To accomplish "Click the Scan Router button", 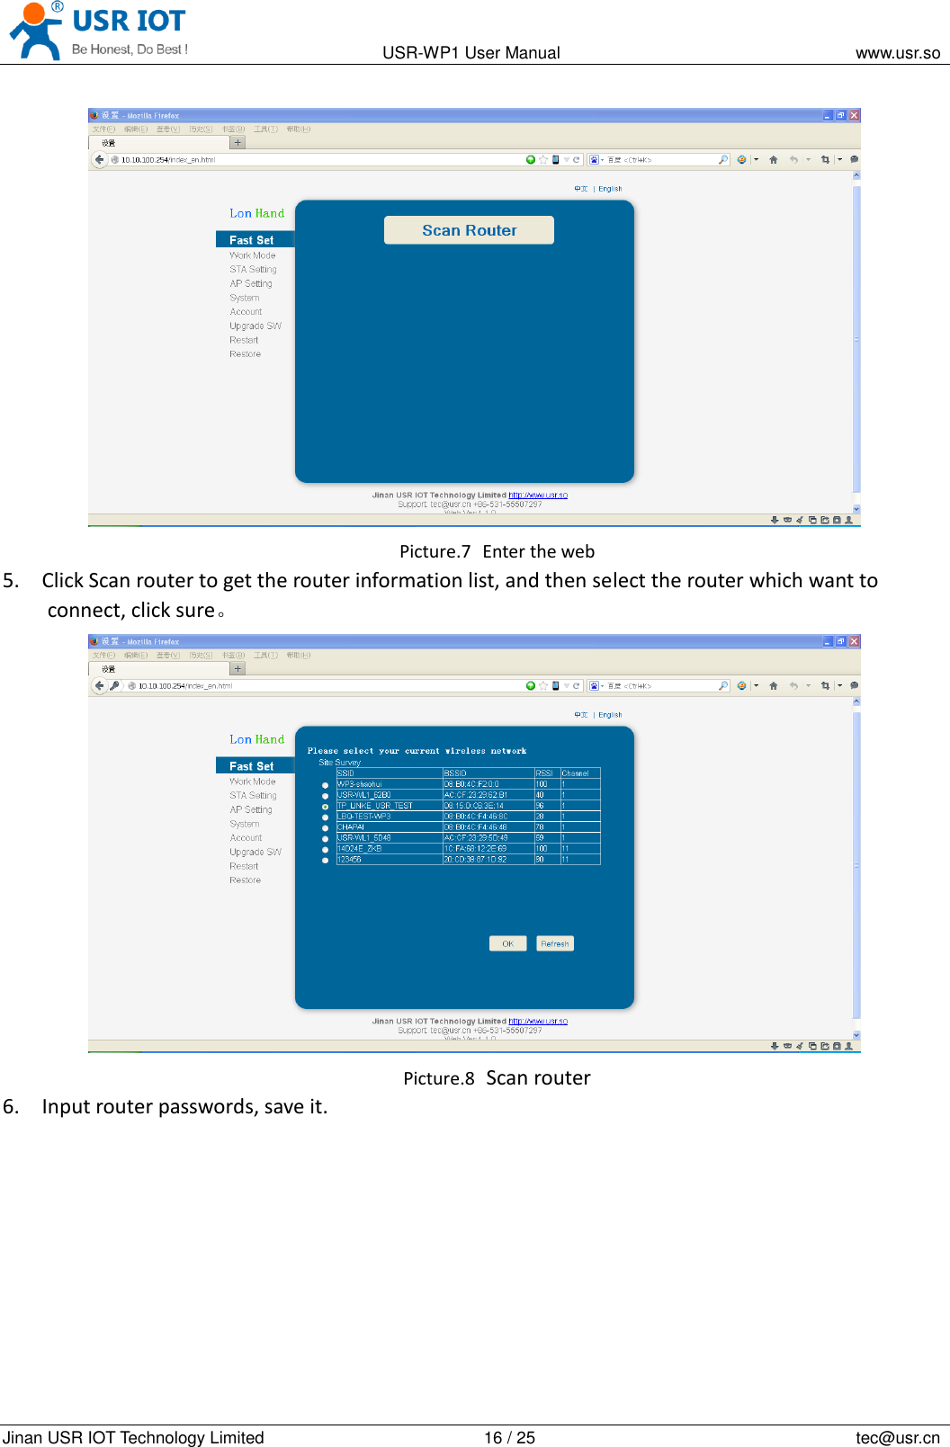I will pos(469,230).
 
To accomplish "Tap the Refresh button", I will pos(555,943).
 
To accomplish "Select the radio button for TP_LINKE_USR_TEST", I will pos(325,807).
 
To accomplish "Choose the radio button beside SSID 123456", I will pos(325,861).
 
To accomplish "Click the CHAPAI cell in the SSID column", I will pos(351,827).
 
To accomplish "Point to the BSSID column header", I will pos(455,773).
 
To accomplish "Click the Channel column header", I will pos(576,773).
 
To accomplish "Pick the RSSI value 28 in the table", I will pos(540,817).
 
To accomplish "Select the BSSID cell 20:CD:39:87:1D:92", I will pos(475,860).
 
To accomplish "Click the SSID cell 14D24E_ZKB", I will pos(360,849).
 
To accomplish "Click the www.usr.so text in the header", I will pos(897,53).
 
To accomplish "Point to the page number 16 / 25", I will pos(509,1437).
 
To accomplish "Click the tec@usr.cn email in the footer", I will pos(897,1437).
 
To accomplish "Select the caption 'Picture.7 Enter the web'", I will pos(497,551).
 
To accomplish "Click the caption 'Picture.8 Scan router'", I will pos(497,1077).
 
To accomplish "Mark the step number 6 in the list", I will pos(10,1106).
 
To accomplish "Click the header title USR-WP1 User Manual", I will pos(471,53).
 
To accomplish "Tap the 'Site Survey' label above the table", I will pos(339,762).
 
